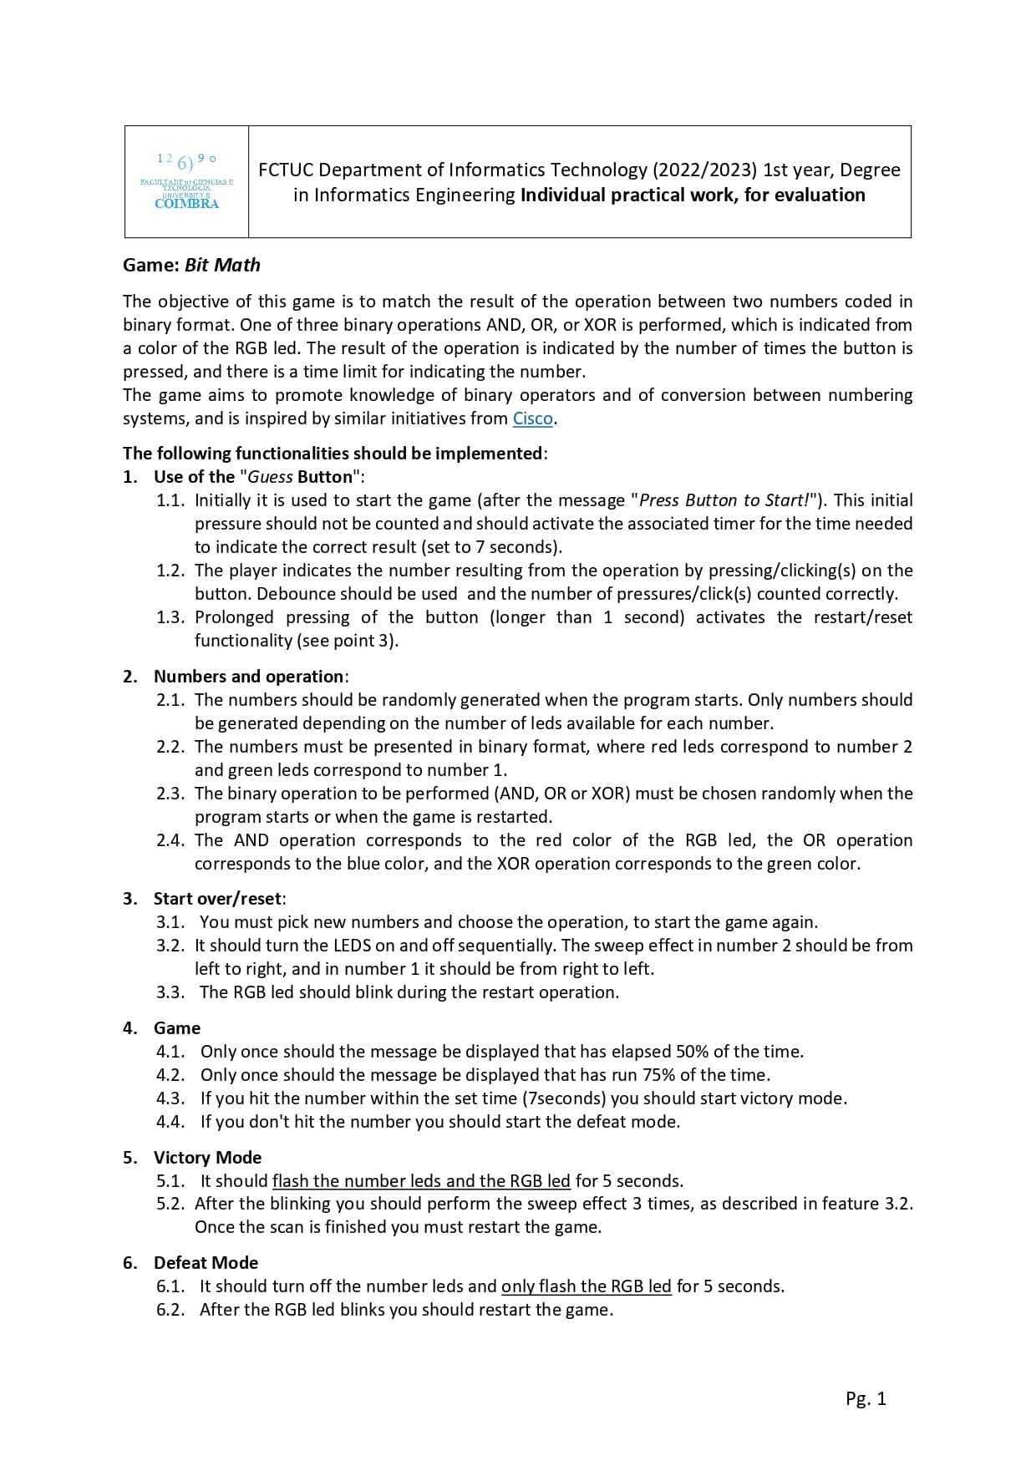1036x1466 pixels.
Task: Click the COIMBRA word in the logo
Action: pos(186,204)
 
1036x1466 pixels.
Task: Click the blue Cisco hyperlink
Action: pos(532,418)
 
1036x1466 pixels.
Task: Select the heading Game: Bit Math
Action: pos(191,265)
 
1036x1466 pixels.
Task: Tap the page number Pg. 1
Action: pos(865,1398)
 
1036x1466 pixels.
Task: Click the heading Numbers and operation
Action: pos(248,677)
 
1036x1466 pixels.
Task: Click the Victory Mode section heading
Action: pos(207,1158)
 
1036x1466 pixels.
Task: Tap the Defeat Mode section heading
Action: pos(206,1263)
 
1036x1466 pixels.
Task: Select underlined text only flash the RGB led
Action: pos(586,1286)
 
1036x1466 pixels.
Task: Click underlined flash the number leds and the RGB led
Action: pos(421,1181)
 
